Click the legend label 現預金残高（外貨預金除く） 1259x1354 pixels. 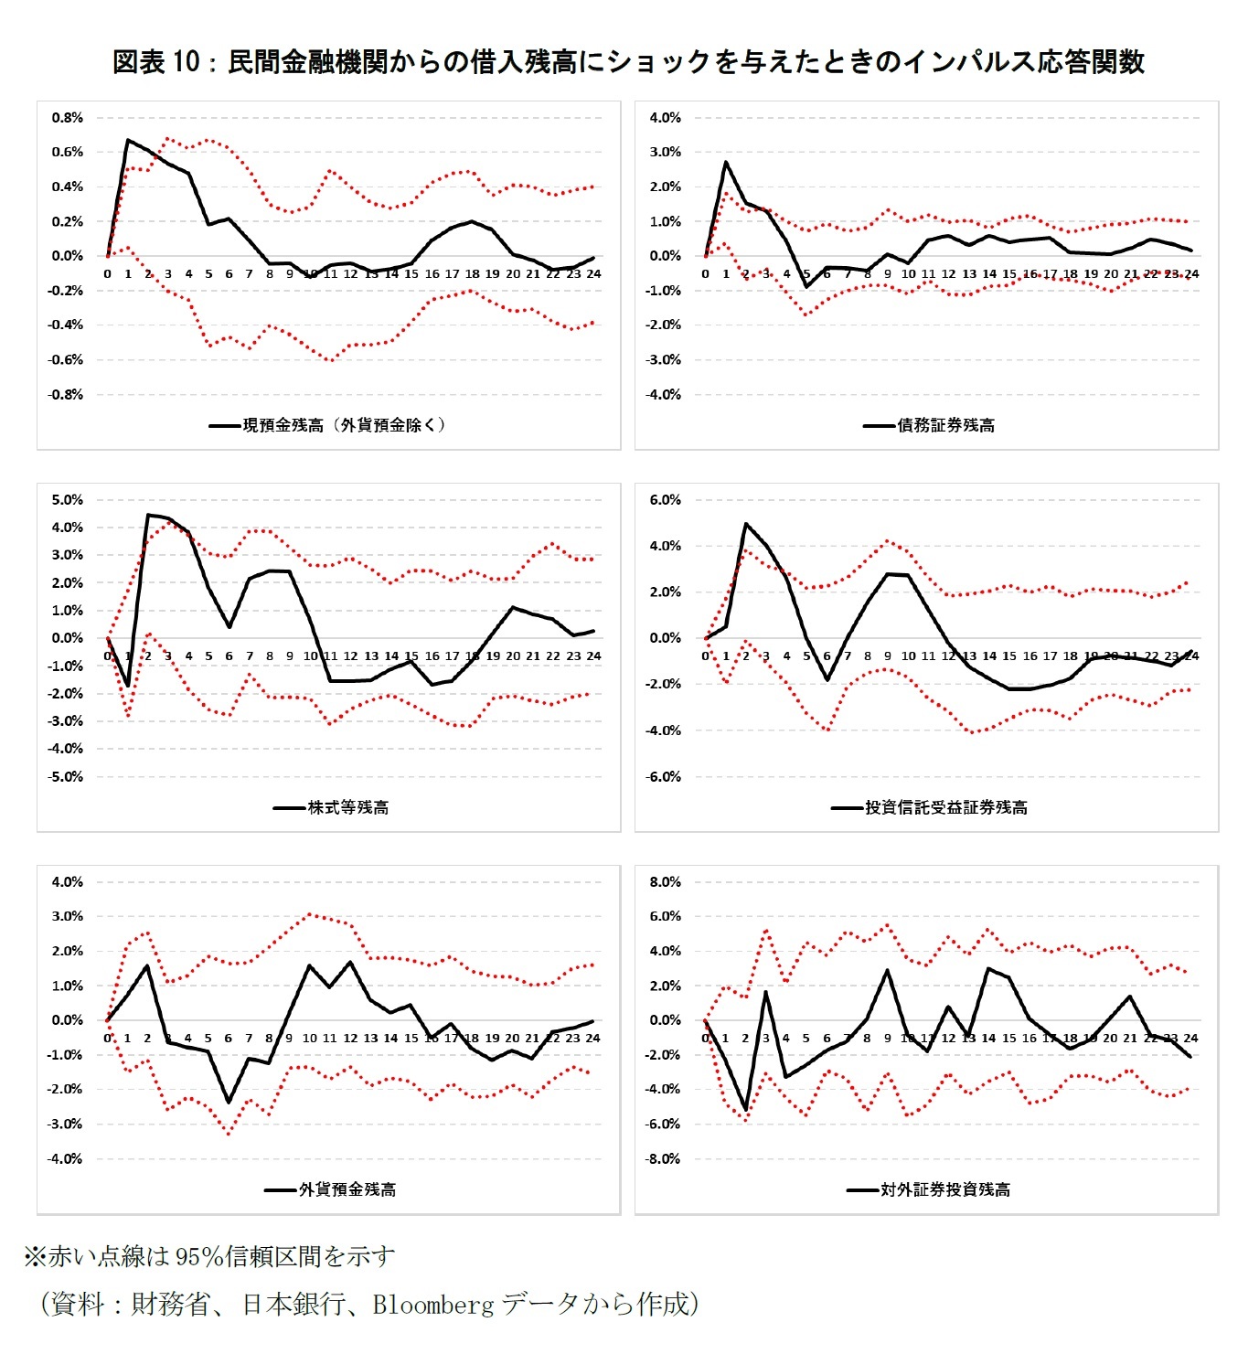pos(344,425)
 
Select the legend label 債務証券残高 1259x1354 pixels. pos(946,425)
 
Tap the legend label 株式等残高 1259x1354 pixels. pos(348,807)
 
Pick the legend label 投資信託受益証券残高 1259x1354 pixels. pos(946,807)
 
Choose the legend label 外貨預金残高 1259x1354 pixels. pos(347,1189)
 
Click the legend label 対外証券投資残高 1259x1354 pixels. pos(945,1189)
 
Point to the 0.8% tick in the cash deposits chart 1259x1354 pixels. pos(67,118)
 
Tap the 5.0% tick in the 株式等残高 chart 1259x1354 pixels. pos(67,500)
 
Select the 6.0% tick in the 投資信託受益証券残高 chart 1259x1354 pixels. pos(665,500)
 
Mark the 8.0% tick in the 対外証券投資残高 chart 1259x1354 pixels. pos(665,882)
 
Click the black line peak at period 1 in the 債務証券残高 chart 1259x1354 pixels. pos(726,162)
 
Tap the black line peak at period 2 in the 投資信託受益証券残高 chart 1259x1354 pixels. pos(746,524)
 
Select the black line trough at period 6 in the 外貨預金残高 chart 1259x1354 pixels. pos(229,1102)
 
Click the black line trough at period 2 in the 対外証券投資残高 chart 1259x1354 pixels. pos(746,1109)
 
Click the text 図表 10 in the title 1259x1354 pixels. pos(155,62)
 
